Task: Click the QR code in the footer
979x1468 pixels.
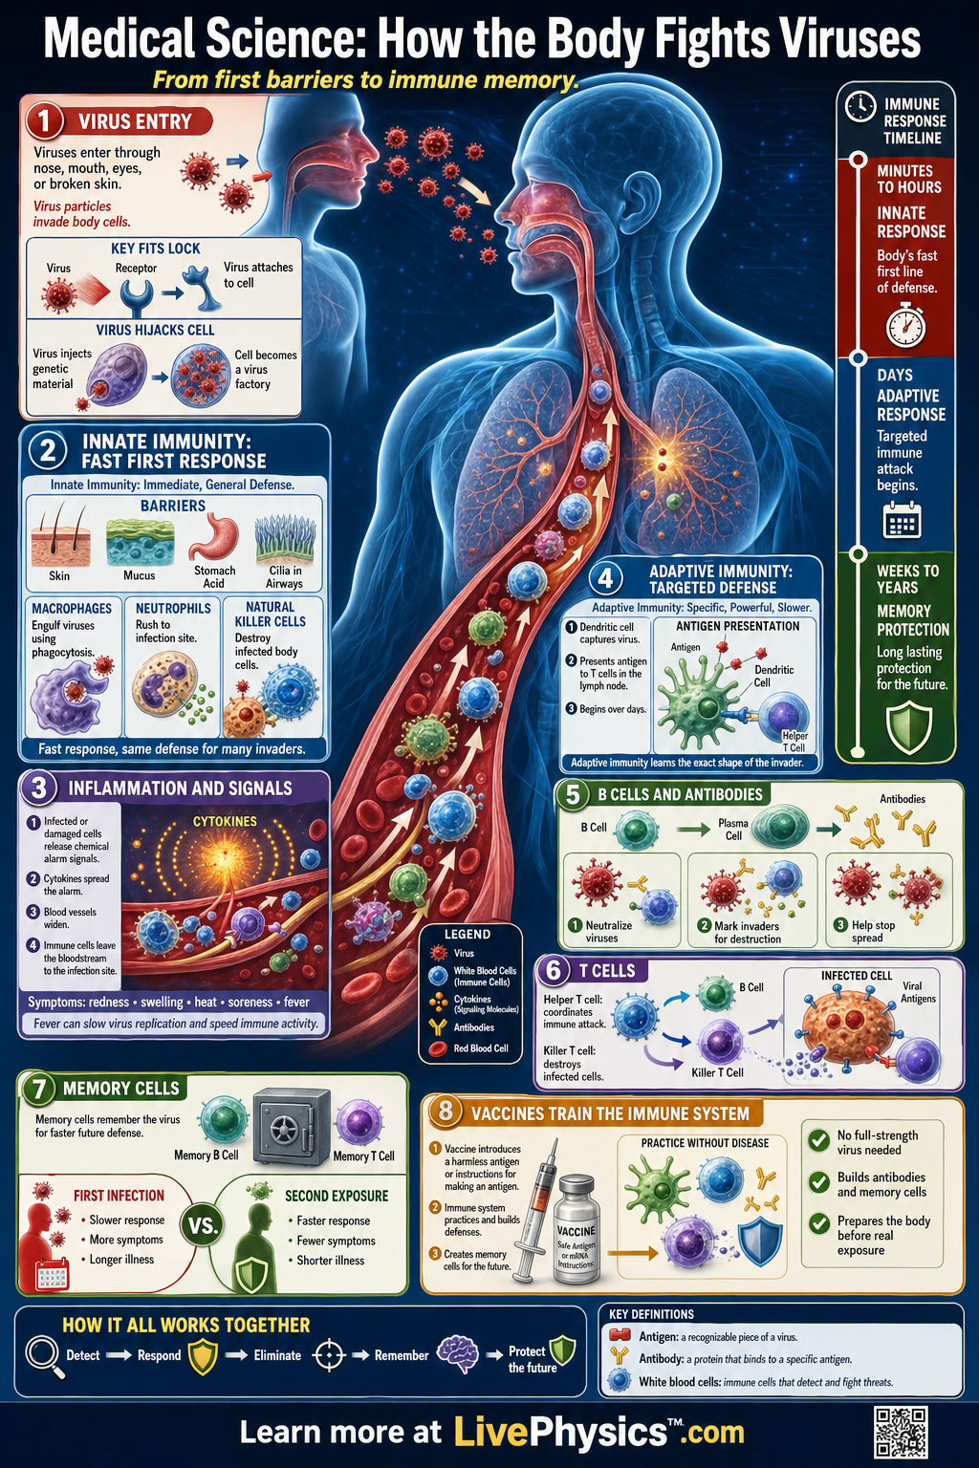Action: (902, 1432)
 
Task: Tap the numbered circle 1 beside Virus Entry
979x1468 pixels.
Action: (44, 121)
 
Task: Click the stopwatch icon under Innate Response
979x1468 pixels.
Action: (905, 324)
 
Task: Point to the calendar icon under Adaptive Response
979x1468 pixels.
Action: (902, 520)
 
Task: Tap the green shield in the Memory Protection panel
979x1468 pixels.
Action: (909, 729)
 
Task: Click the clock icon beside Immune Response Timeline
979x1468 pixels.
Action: (860, 106)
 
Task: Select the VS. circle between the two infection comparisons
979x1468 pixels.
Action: (202, 1226)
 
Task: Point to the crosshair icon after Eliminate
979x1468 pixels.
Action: (329, 1354)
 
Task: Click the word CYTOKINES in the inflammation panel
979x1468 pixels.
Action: (225, 821)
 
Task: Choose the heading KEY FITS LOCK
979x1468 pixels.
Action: (156, 248)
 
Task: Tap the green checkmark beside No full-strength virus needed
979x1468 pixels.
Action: (818, 1140)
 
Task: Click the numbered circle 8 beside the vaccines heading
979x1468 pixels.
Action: (446, 1112)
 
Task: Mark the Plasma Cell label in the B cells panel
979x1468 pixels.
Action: (733, 829)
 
